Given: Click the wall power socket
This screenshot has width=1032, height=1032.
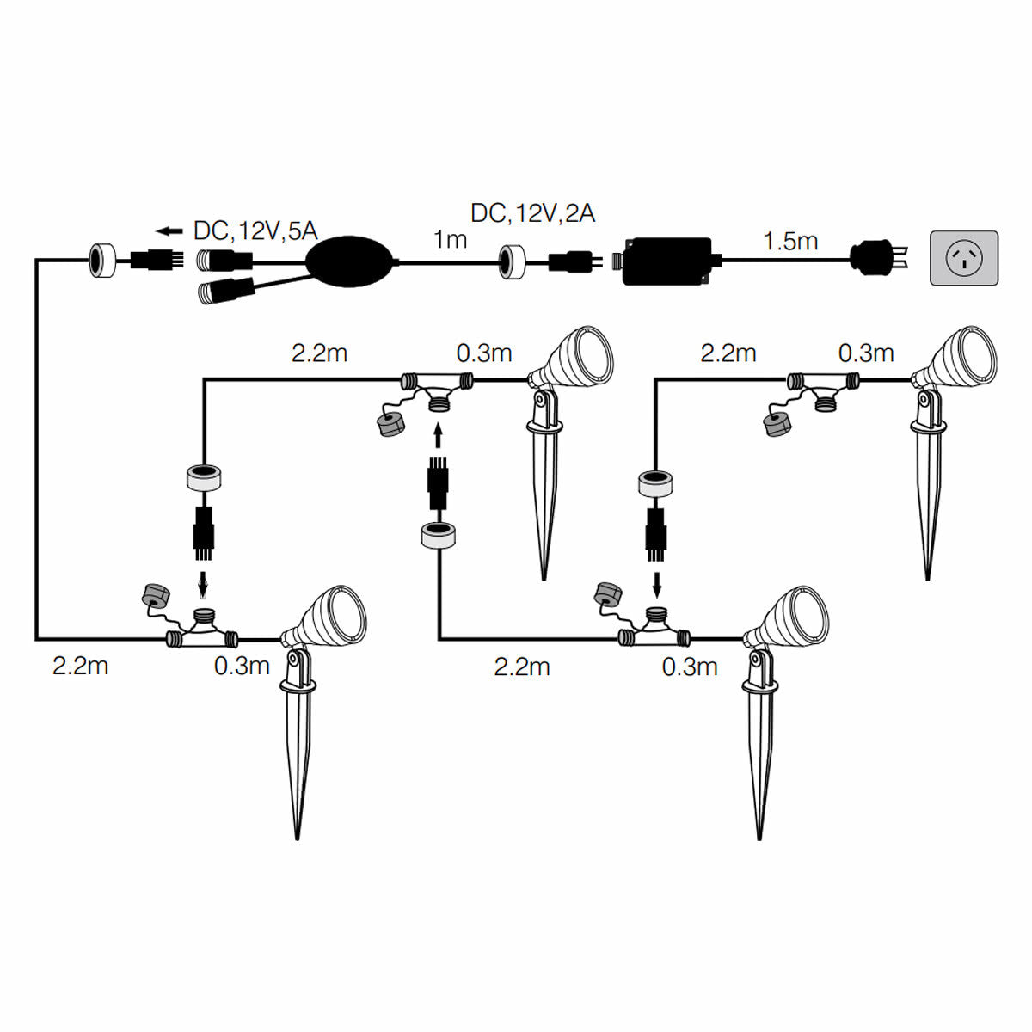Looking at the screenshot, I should coord(964,258).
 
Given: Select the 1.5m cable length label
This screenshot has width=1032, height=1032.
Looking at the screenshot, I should coord(790,242).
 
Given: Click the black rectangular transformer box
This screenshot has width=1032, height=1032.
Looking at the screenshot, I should coord(667,261).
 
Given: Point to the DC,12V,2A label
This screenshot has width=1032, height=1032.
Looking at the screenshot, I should coord(532,213).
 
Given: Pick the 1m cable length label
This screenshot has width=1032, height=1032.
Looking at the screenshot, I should coord(450,240).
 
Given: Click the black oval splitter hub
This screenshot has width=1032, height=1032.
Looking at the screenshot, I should coord(352,261).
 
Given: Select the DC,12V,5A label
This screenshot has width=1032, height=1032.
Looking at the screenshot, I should coord(255,230).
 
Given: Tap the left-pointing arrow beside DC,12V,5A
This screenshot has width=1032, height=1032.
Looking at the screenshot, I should coord(170,230).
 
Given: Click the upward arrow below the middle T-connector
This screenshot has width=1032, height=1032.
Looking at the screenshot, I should coord(439,439).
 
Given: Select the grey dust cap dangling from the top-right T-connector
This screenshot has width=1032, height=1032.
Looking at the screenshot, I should coord(777,423).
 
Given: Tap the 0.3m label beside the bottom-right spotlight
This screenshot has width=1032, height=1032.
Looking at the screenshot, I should coord(690,666).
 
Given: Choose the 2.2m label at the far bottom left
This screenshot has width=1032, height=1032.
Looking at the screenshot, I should coord(81,666).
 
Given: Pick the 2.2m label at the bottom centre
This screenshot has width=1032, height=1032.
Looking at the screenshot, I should coord(522,666).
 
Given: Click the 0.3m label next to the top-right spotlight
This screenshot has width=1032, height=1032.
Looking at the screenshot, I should coord(866,353).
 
